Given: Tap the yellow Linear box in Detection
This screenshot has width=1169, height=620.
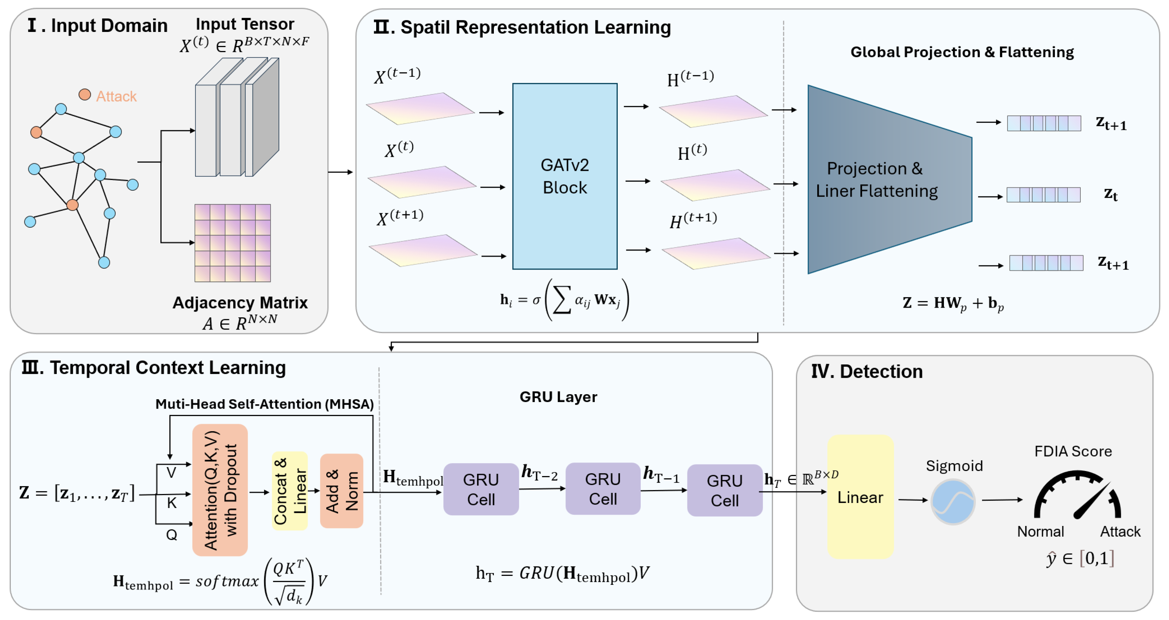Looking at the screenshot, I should (x=860, y=497).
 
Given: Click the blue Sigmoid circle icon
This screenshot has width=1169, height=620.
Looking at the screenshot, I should (x=953, y=502).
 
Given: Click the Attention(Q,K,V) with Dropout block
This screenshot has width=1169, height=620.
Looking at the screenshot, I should (x=220, y=490).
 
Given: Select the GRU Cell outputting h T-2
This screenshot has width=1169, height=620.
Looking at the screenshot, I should (x=481, y=489).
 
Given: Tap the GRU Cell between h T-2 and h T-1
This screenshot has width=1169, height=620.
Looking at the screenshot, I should (x=603, y=489).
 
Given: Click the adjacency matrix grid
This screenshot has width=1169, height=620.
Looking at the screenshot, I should (x=232, y=243).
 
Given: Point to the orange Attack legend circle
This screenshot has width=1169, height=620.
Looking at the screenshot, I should (x=84, y=94).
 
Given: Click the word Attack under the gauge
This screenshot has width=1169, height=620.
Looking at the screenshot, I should (x=1119, y=531).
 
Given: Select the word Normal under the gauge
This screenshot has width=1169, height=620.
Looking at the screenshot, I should (x=1040, y=531).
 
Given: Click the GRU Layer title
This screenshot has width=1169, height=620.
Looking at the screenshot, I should (x=558, y=397).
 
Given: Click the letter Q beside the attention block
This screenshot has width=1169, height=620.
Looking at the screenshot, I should (x=172, y=535).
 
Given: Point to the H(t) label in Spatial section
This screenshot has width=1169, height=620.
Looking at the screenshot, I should (x=692, y=153).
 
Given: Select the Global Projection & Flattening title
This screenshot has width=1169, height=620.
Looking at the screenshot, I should (x=962, y=52).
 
